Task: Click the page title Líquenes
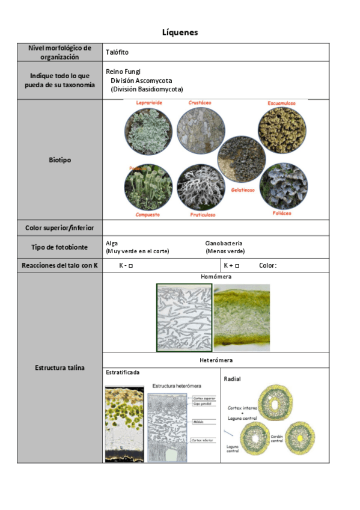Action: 180,32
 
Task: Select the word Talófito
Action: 117,52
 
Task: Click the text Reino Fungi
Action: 123,72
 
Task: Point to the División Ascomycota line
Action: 142,80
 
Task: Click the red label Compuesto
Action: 147,214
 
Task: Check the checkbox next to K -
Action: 130,266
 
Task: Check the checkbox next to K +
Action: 237,266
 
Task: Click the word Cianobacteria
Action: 224,244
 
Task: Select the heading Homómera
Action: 216,277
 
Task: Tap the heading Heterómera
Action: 216,360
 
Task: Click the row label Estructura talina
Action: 59,367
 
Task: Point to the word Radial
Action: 232,379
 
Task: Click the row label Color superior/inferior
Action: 59,228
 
